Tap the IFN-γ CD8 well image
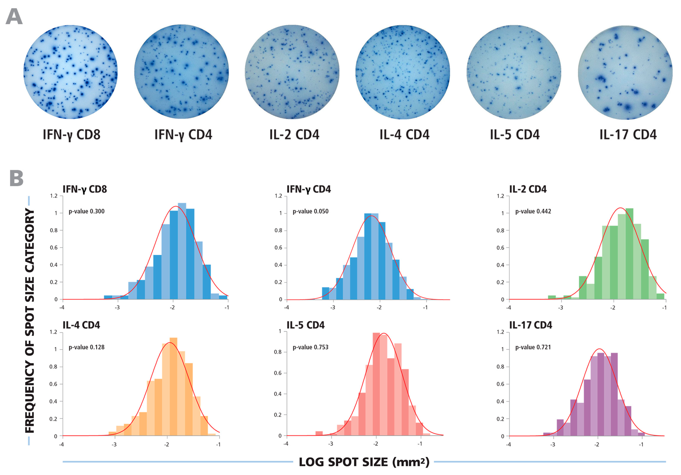click(71, 72)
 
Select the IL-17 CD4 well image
click(625, 73)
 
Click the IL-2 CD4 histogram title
click(528, 189)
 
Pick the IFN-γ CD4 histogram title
click(308, 189)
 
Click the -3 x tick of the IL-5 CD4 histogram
click(330, 444)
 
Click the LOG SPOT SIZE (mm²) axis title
click(364, 462)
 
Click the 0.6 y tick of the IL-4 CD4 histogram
click(53, 384)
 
